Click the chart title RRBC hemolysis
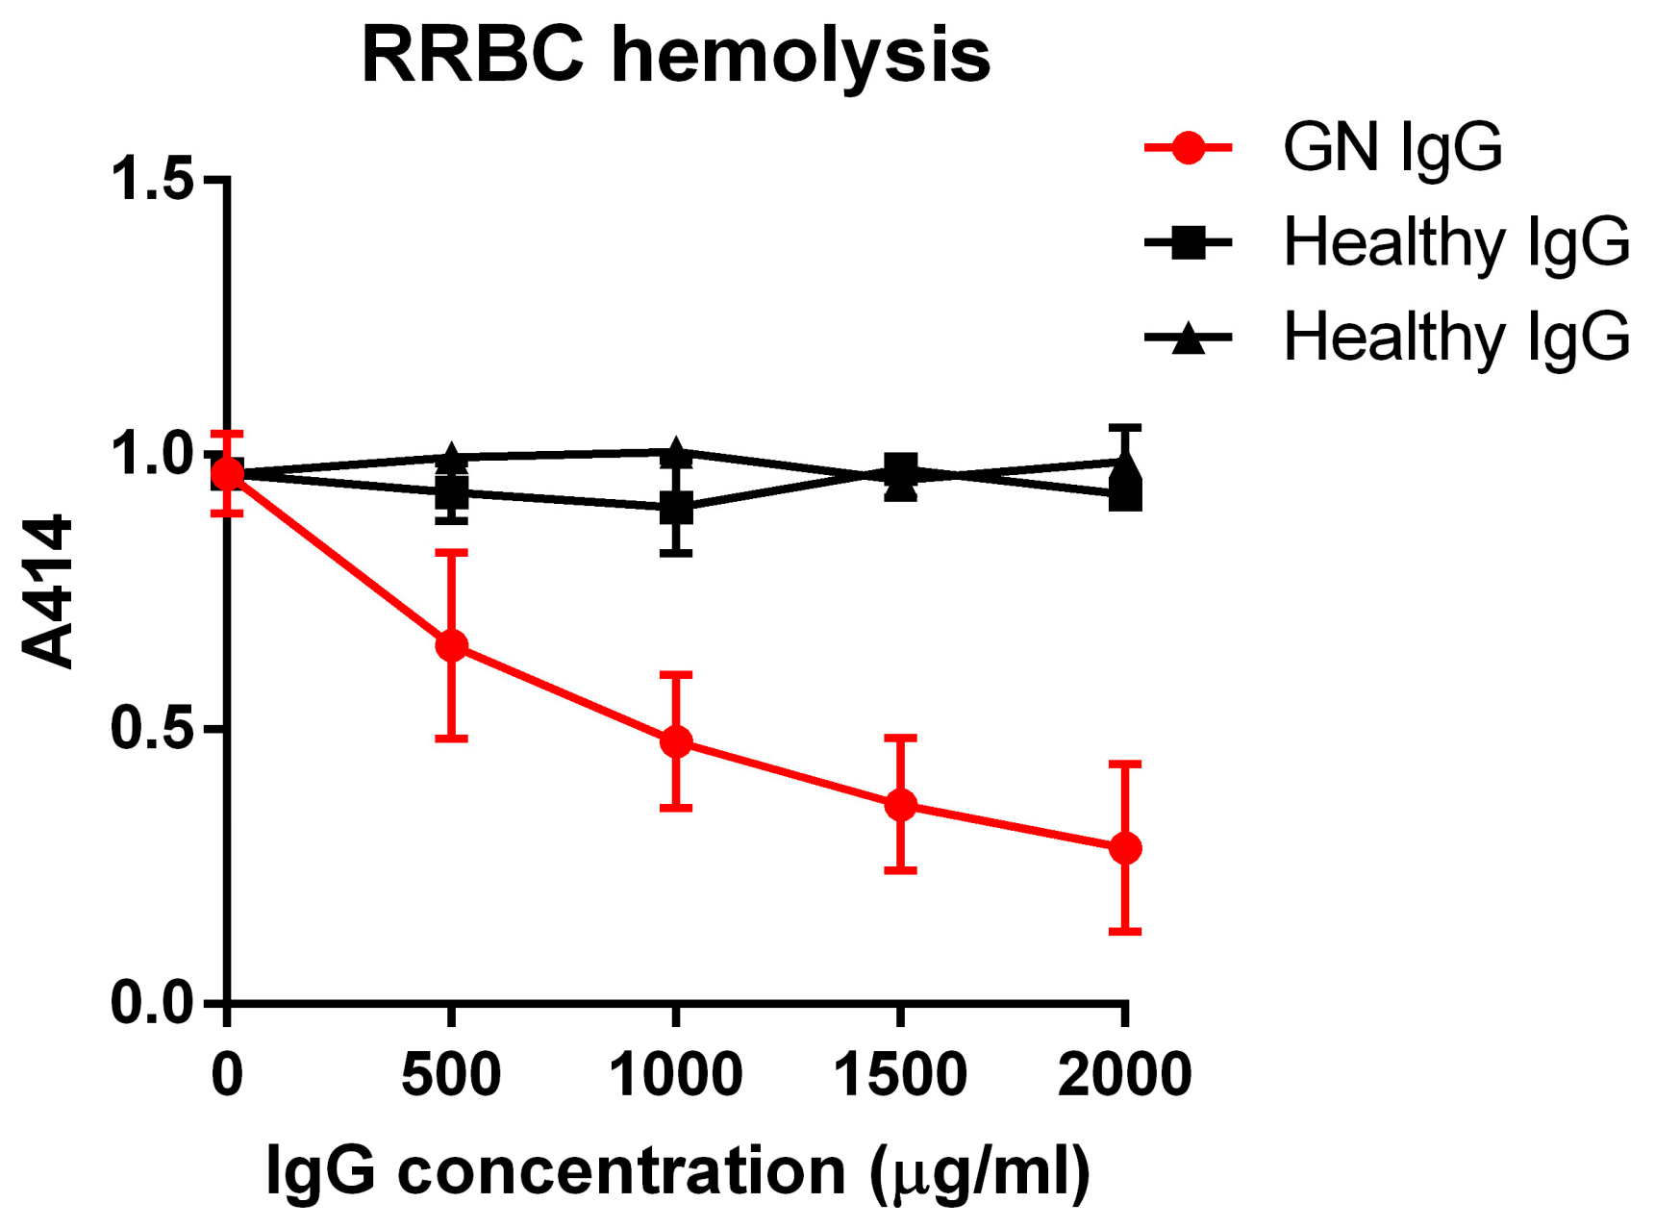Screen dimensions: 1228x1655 675,55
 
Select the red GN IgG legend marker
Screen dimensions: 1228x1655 1189,147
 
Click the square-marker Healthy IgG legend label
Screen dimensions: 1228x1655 1456,241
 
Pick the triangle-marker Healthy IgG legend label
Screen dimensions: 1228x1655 1456,336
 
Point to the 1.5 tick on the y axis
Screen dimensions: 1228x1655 153,178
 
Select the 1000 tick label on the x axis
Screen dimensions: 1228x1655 675,1074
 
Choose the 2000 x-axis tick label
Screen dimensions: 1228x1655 1124,1074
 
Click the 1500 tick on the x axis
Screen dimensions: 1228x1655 900,1074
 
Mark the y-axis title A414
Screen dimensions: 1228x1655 48,590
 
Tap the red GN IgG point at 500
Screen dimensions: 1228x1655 451,645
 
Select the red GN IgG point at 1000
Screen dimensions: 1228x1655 676,741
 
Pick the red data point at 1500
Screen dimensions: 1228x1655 900,805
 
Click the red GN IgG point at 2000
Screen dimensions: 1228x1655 1125,848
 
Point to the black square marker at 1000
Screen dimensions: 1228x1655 676,508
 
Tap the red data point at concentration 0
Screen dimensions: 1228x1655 227,474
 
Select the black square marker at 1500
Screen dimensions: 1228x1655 900,470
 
